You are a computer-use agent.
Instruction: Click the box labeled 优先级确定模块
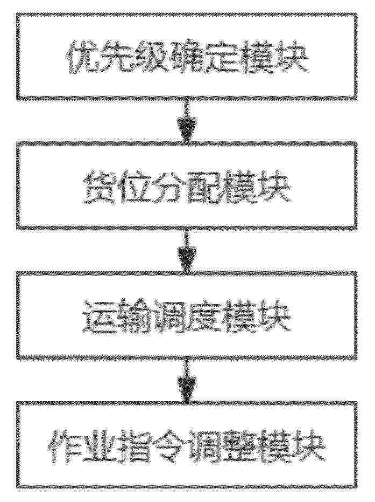(x=187, y=56)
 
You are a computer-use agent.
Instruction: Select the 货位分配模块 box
(x=187, y=185)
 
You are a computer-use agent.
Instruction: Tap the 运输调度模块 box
(x=187, y=315)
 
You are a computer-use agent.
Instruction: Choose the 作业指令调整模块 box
(x=187, y=445)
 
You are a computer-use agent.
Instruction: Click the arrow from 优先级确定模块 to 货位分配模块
(x=187, y=119)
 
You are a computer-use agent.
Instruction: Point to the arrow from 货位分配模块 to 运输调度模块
(x=187, y=250)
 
